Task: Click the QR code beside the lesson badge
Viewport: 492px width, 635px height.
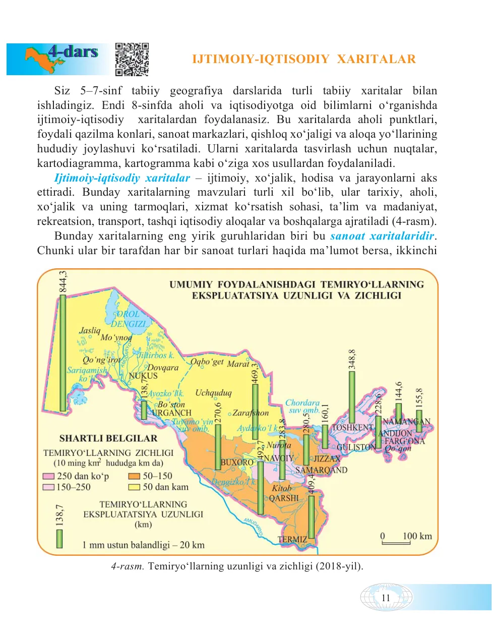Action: [x=132, y=59]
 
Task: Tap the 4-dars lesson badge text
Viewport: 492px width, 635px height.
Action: [x=73, y=51]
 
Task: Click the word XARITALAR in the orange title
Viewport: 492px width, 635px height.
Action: [x=376, y=60]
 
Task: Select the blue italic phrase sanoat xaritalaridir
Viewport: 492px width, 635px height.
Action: [x=382, y=236]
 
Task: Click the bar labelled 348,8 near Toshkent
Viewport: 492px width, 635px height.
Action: [x=352, y=396]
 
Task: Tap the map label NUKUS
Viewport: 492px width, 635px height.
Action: [x=143, y=376]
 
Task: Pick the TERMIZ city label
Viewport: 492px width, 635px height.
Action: [x=292, y=539]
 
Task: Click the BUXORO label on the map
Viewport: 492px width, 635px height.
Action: [x=237, y=462]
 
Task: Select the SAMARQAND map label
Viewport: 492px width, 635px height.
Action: [x=321, y=470]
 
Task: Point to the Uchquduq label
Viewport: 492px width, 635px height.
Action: [x=213, y=393]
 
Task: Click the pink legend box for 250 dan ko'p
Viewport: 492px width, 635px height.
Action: [x=49, y=476]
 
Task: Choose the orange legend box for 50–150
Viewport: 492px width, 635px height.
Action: [x=134, y=476]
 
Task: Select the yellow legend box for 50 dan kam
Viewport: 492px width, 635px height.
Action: [x=134, y=487]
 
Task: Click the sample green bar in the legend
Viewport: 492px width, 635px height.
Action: [x=59, y=538]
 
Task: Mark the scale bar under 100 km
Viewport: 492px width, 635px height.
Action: [x=396, y=543]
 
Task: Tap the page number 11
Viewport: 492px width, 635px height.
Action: [x=386, y=598]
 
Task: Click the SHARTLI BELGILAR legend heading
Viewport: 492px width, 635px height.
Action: [x=108, y=438]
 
